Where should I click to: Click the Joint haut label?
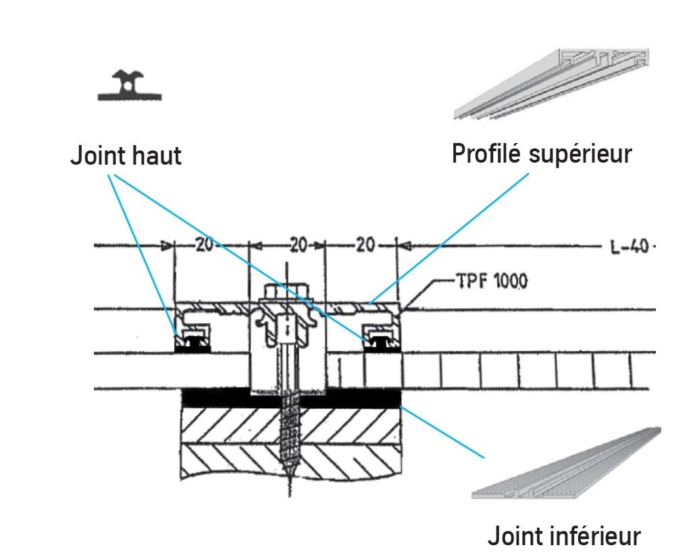(x=126, y=156)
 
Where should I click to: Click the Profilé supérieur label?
(x=542, y=154)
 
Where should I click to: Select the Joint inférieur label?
(x=564, y=536)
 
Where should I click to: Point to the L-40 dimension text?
(x=631, y=247)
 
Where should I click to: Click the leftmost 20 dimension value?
(x=205, y=246)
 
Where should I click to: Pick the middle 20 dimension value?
(x=298, y=246)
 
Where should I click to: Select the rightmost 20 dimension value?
(x=365, y=246)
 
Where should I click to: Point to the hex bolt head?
(x=286, y=293)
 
